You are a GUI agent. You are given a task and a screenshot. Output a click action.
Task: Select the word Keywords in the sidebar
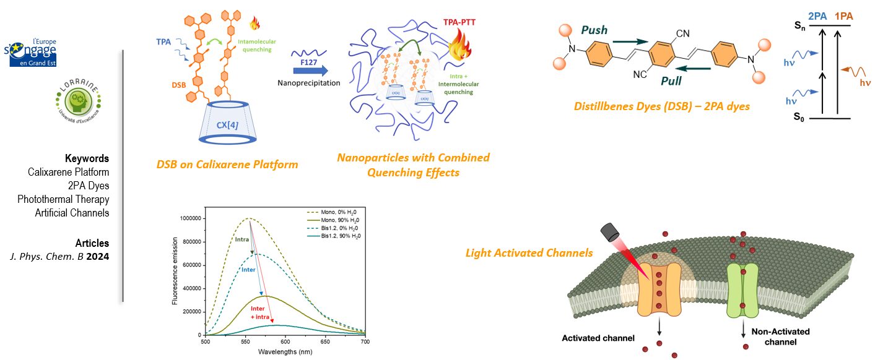tap(87, 158)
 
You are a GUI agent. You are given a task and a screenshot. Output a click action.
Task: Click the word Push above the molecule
tap(594, 30)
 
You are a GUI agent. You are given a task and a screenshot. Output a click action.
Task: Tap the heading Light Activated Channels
tap(529, 253)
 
